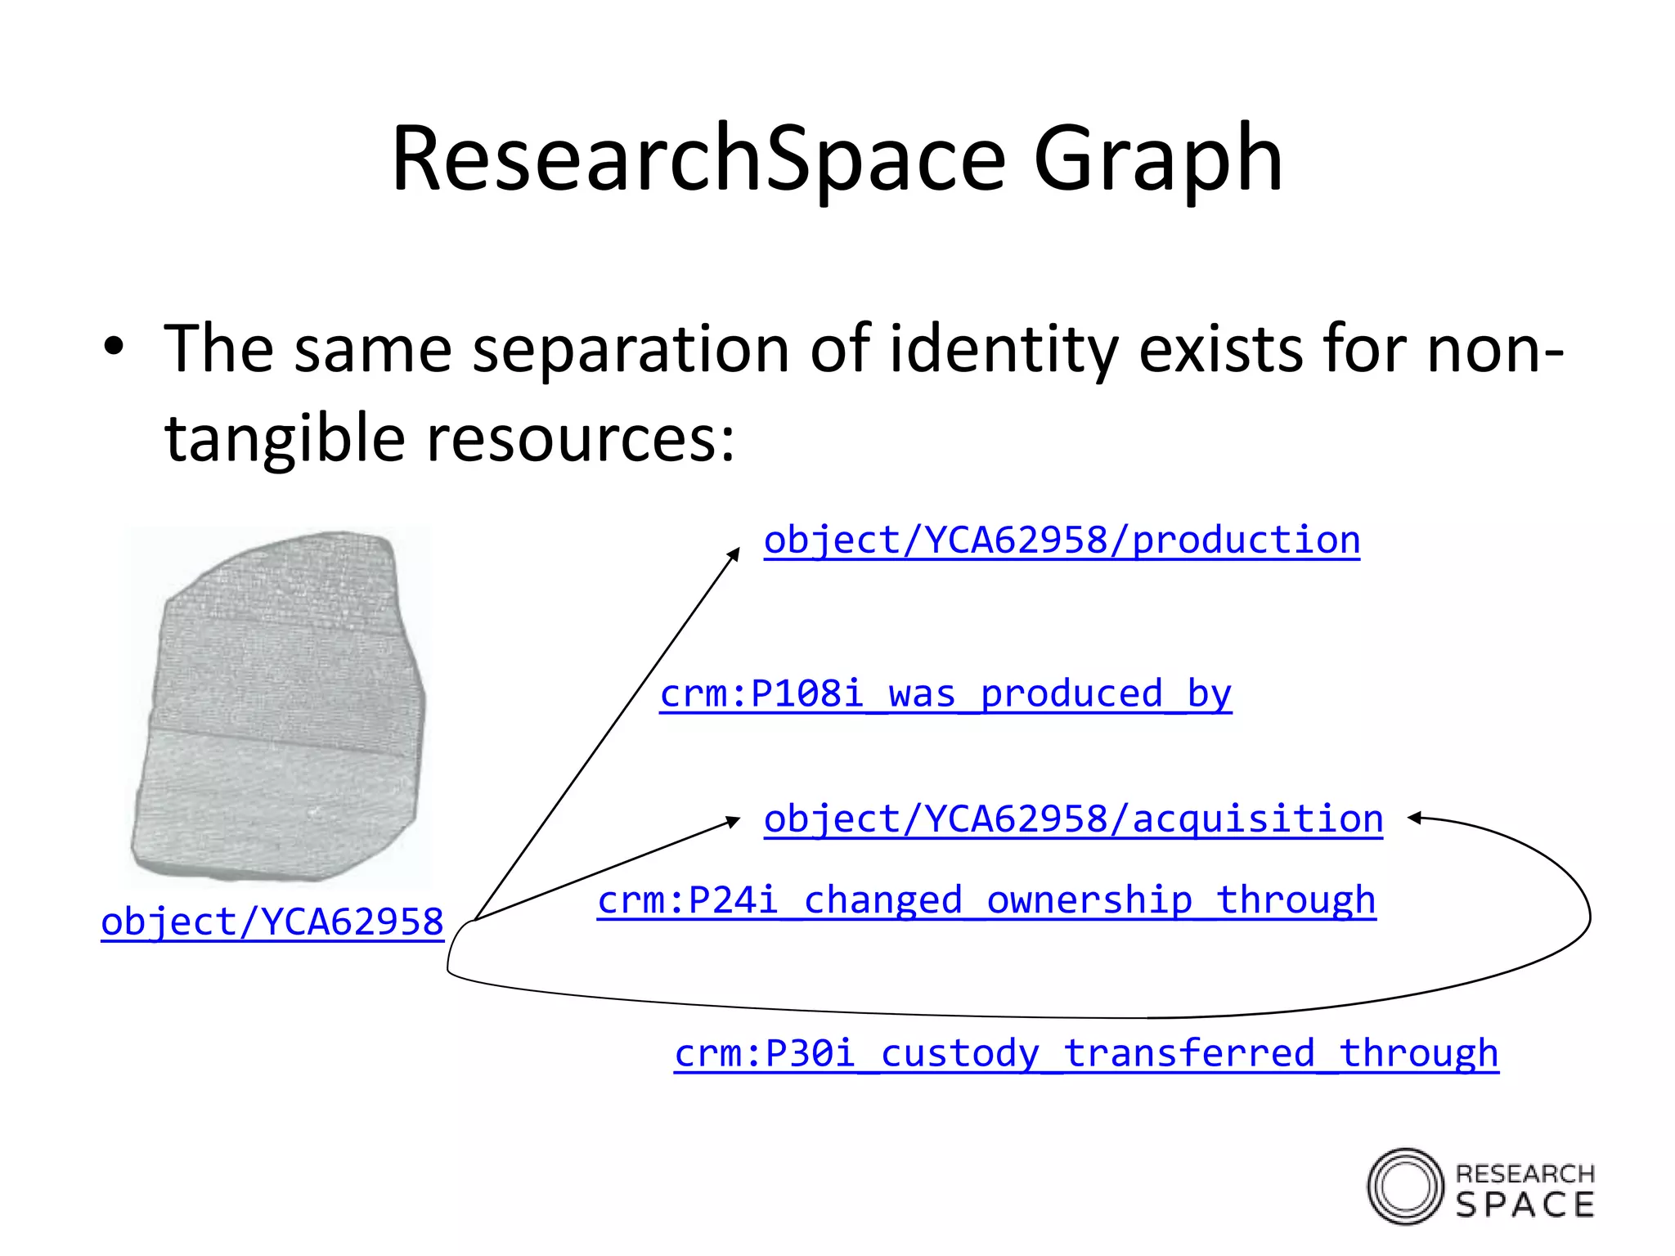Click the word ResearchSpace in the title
click(x=698, y=159)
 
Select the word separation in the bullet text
click(x=630, y=349)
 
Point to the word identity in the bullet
click(x=1004, y=349)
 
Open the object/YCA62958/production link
click(x=1062, y=541)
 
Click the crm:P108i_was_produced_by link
click(x=945, y=694)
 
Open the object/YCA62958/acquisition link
click(x=1073, y=819)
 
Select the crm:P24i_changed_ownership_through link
click(x=986, y=900)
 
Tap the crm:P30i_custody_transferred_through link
click(x=1086, y=1053)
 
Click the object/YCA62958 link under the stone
click(x=272, y=922)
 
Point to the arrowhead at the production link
click(x=734, y=554)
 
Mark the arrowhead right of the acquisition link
click(x=1414, y=817)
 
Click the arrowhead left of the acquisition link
click(x=734, y=820)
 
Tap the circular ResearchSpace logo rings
click(x=1405, y=1186)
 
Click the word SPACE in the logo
click(x=1525, y=1205)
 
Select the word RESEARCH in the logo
click(x=1525, y=1174)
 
